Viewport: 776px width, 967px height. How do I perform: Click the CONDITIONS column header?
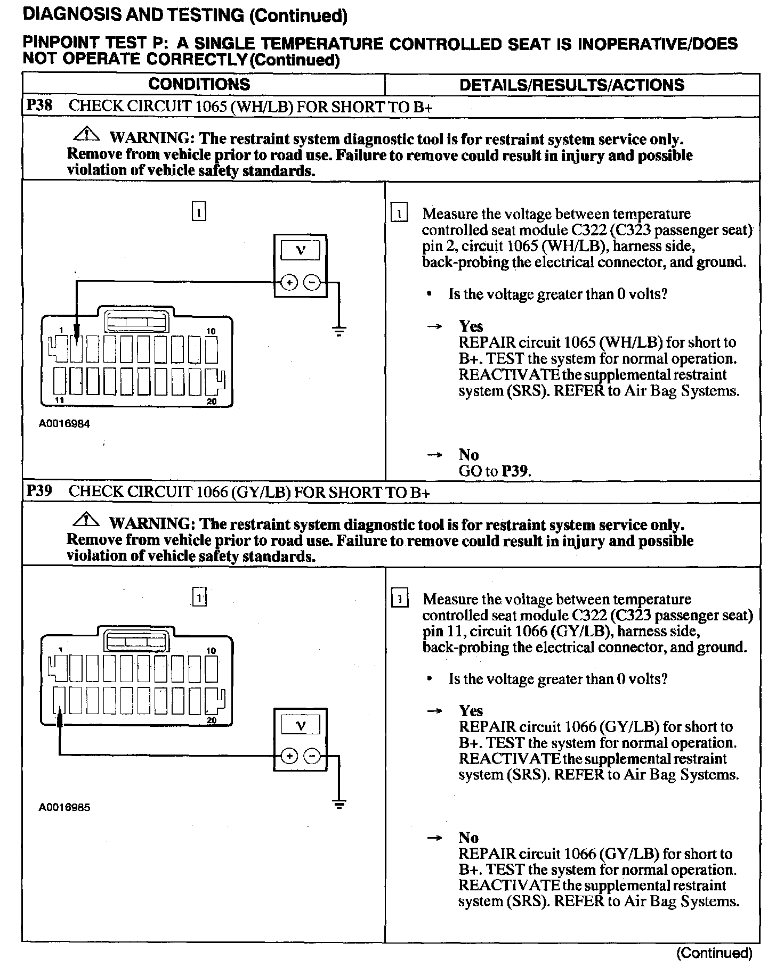click(199, 84)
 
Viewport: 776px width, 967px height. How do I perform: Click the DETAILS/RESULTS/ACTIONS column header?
click(571, 85)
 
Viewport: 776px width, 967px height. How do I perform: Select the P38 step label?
click(39, 105)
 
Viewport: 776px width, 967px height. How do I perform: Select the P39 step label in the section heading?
click(39, 490)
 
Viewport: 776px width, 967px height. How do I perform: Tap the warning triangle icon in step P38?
click(86, 134)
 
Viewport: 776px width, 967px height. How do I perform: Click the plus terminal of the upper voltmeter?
click(288, 283)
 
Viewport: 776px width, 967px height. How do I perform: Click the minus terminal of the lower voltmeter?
click(313, 756)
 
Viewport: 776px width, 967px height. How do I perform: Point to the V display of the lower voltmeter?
click(300, 725)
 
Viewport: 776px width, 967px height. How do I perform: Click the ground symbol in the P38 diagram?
click(338, 331)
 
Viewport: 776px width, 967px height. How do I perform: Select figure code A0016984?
click(64, 424)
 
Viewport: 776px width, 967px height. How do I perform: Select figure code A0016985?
click(64, 807)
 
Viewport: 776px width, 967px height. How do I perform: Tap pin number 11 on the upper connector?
click(60, 400)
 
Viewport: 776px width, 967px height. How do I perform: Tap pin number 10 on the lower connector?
click(211, 650)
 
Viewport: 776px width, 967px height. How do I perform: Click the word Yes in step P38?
click(471, 326)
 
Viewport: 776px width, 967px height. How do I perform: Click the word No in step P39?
click(468, 838)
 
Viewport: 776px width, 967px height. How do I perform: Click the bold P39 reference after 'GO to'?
click(516, 471)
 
